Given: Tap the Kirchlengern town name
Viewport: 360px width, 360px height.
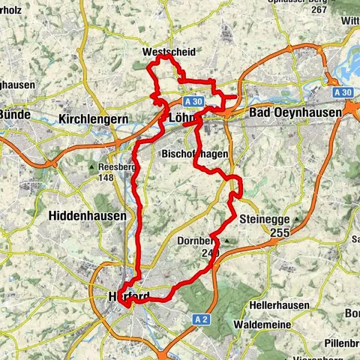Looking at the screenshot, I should tap(94, 119).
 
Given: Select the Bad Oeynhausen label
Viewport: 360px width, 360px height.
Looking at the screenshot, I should tap(293, 112).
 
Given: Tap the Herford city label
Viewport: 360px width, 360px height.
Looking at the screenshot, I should tap(127, 295).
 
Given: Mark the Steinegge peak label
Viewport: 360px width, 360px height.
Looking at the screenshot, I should tap(263, 220).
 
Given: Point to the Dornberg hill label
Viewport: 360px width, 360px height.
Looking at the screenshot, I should tap(199, 241).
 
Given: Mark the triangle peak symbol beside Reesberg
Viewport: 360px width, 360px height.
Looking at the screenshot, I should tap(91, 166).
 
